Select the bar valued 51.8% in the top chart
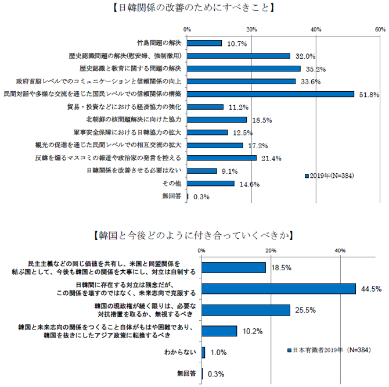point(271,94)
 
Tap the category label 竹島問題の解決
point(159,43)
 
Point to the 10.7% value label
point(237,44)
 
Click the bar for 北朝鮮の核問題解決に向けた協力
point(217,120)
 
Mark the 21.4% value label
point(271,158)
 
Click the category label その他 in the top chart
point(174,184)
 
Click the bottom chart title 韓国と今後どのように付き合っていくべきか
point(194,236)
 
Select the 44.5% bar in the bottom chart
point(279,289)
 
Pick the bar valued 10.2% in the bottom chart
point(219,331)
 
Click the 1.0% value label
point(218,353)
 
